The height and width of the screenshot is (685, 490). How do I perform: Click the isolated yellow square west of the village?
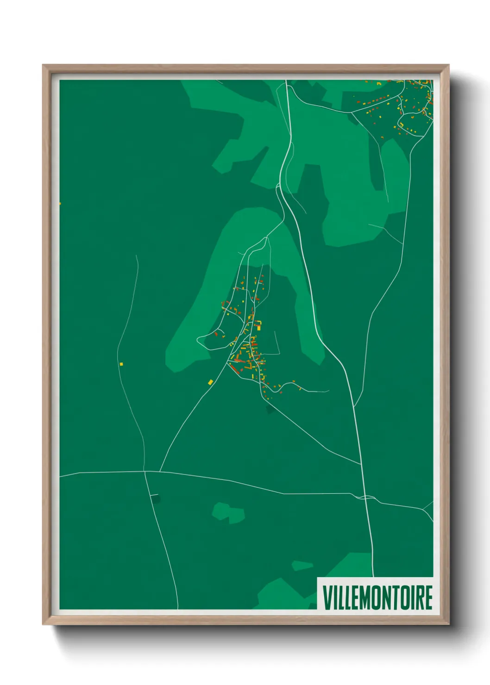[121, 364]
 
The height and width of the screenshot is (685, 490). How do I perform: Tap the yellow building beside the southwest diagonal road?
[210, 382]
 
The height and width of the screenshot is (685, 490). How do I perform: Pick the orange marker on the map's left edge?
[60, 203]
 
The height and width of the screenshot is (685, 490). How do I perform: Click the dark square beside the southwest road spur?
[156, 498]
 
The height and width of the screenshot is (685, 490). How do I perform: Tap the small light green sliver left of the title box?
[302, 565]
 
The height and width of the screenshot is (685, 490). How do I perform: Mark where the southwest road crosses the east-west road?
[145, 472]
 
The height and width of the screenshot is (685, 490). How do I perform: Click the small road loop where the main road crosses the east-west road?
[366, 497]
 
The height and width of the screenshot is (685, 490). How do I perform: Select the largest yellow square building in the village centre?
[259, 328]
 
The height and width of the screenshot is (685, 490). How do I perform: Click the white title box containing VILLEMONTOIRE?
[375, 594]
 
